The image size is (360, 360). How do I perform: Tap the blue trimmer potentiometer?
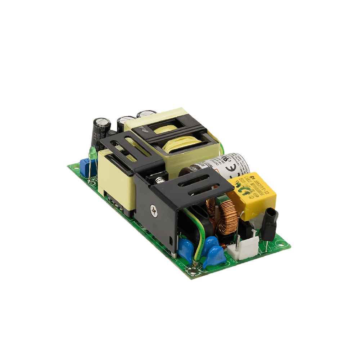(x=85, y=166)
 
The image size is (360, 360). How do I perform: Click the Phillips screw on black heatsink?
(x=155, y=211)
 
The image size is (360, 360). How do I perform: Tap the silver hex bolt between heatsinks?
(x=159, y=176)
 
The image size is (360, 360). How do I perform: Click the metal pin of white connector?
(x=238, y=241)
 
